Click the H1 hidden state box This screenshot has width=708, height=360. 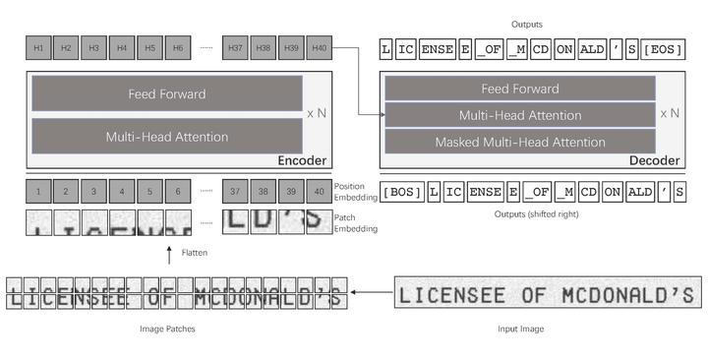(x=38, y=47)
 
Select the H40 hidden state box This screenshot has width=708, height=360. (x=319, y=47)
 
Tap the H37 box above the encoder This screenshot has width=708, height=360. (x=234, y=47)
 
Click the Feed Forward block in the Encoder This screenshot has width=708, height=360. (x=167, y=94)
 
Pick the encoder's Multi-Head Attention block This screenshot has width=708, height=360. (x=167, y=137)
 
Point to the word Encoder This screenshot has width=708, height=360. (x=302, y=160)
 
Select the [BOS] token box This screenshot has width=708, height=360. (x=401, y=192)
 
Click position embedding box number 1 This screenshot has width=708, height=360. (x=38, y=191)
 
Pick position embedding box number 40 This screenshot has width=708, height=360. (x=319, y=191)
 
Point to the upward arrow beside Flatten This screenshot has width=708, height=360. (x=169, y=254)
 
